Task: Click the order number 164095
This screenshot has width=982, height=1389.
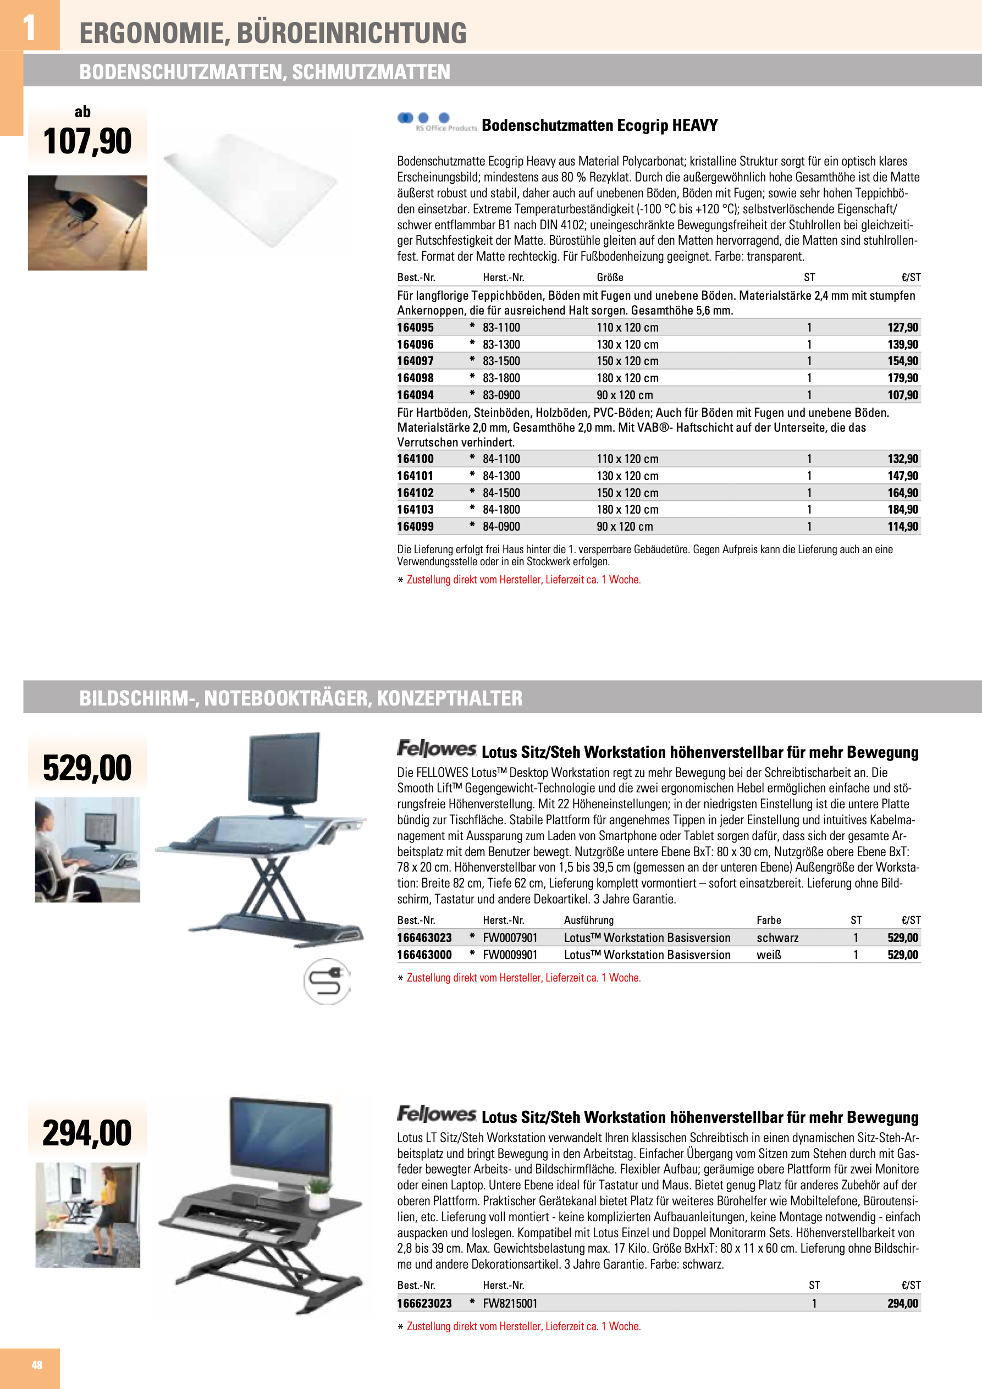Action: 415,327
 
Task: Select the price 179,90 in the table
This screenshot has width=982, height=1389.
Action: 903,378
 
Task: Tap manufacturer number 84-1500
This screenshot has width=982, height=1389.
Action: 501,493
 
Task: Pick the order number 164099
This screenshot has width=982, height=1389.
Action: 415,527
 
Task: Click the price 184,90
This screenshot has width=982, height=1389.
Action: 903,510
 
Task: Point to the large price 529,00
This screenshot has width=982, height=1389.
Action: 87,768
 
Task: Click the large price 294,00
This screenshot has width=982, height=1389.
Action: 87,1133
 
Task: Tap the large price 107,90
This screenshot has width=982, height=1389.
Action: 87,141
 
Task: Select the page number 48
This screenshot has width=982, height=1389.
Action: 37,1365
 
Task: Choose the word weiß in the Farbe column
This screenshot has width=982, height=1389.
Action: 769,955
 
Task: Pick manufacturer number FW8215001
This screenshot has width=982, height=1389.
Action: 510,1304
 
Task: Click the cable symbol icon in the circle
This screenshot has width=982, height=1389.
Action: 327,980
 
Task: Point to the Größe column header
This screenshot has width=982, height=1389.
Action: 610,278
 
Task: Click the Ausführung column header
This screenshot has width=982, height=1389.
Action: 589,920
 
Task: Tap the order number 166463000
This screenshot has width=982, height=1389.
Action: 424,955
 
